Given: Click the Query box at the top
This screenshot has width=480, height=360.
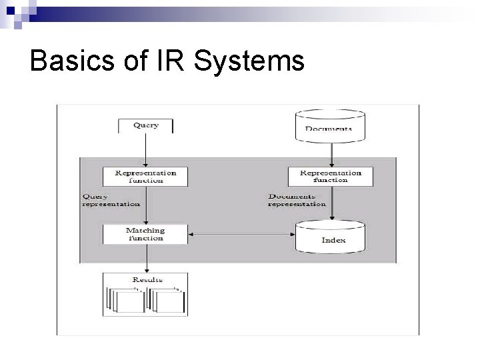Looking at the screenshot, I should click(x=145, y=126).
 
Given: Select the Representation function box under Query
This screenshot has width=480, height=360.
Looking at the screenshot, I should click(x=145, y=176).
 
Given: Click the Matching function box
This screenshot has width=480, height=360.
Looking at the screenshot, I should click(x=145, y=233).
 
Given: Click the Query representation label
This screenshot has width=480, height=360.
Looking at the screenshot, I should click(x=111, y=200).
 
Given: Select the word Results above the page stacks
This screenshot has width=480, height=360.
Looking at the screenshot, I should click(x=147, y=280).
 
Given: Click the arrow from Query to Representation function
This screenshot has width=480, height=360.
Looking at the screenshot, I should click(x=145, y=150).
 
